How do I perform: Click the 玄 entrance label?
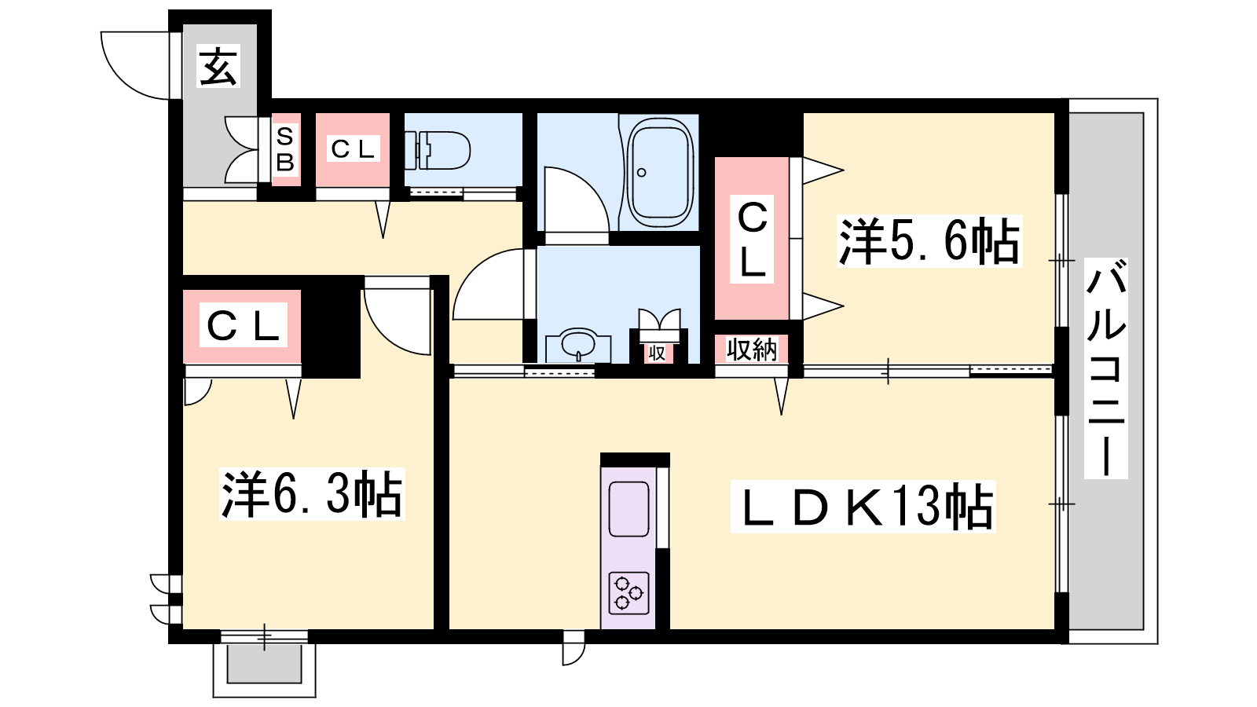[218, 66]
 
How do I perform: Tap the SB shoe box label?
[285, 150]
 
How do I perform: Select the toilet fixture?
[437, 150]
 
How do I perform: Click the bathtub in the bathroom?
[659, 172]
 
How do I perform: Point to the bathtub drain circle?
[642, 172]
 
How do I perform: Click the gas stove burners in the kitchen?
[628, 593]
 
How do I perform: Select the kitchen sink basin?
[628, 509]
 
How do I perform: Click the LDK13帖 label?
[863, 507]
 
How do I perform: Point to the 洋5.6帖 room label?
[929, 241]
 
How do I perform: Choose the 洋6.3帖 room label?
[312, 494]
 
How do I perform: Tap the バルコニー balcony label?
[1105, 368]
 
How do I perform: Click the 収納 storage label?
[751, 350]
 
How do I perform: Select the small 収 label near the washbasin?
[657, 353]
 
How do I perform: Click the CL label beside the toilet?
[353, 149]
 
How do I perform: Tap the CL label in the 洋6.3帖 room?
[244, 325]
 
